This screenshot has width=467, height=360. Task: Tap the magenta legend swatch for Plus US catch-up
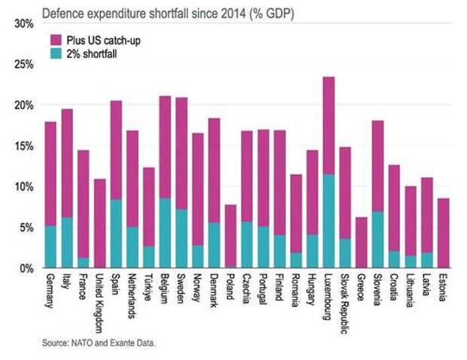(56, 39)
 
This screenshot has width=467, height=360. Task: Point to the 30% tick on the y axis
(24, 23)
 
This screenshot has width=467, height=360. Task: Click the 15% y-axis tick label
(24, 145)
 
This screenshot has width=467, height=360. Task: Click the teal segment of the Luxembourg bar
(328, 221)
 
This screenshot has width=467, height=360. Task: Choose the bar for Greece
(362, 242)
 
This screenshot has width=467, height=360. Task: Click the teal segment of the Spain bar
(116, 233)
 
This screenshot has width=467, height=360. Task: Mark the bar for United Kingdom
(99, 223)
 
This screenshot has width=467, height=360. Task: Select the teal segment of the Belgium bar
(165, 232)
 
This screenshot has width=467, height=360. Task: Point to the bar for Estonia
(443, 233)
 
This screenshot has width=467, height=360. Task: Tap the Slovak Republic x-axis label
(346, 301)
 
